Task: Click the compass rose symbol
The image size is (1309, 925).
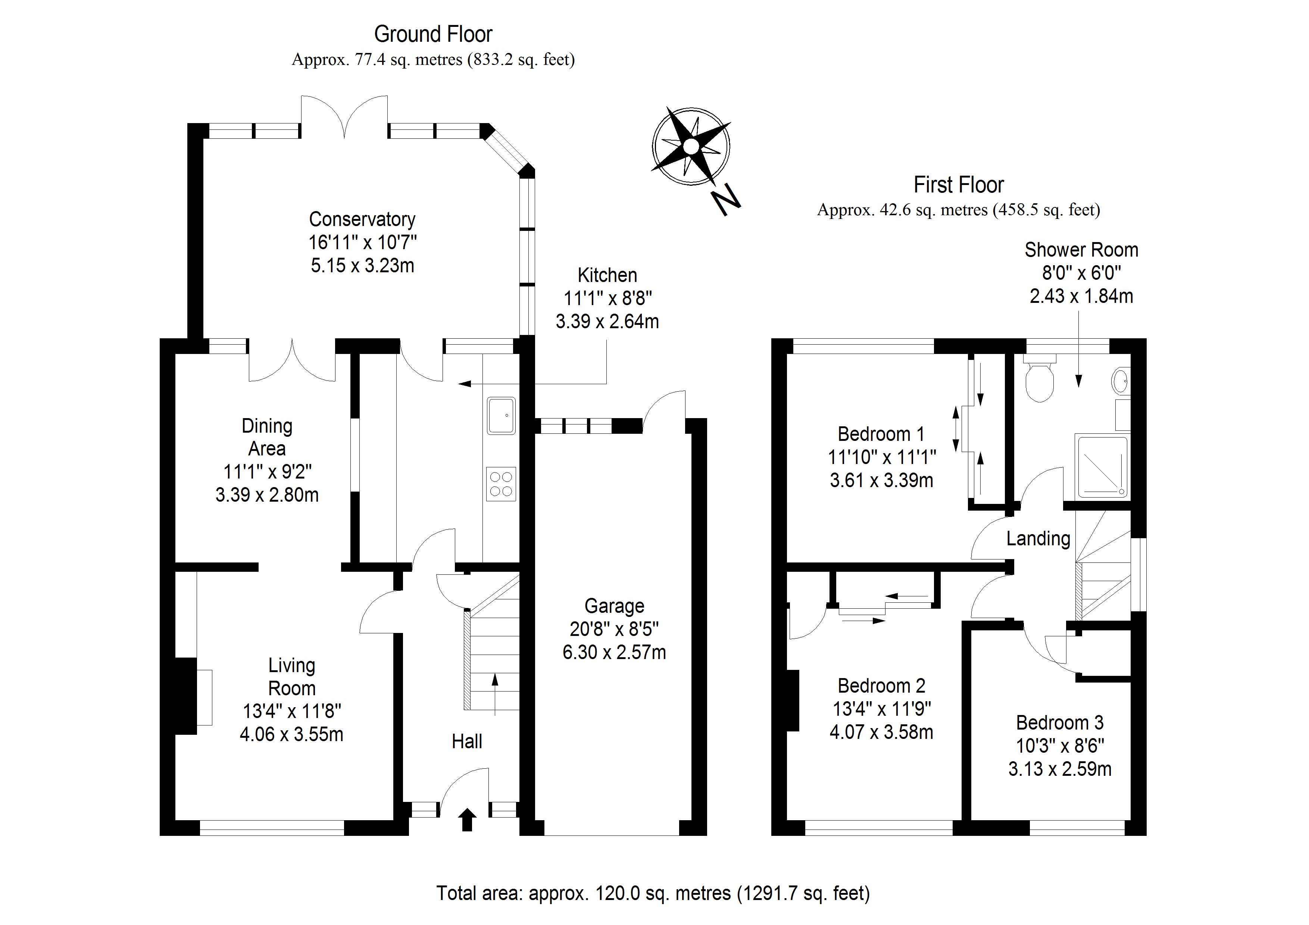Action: pos(691,147)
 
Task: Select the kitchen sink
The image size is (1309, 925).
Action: pos(501,416)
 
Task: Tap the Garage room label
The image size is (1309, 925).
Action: pos(614,606)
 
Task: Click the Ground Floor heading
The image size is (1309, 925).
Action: pos(433,35)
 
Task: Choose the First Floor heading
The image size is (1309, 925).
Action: pos(958,185)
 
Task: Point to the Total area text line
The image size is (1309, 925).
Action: pos(653,893)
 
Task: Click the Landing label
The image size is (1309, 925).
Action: pos(1038,539)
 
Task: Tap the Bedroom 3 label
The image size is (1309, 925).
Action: pos(1059,723)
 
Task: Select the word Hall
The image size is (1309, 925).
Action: pos(467,741)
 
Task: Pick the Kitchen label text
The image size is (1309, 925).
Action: pos(607,275)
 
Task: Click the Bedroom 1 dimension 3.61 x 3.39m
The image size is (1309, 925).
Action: pos(881,480)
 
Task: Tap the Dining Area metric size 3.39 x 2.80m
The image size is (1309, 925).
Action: pos(267,495)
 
